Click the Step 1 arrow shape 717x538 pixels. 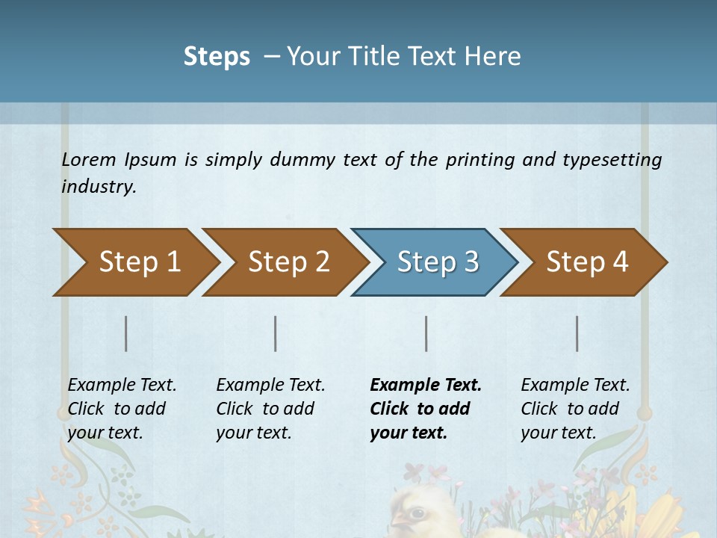139,262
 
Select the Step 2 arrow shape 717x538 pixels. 288,262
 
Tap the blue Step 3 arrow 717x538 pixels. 437,262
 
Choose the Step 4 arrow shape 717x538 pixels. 586,262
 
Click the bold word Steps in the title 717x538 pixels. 217,57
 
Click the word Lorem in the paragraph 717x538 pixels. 89,160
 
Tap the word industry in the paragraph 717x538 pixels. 99,187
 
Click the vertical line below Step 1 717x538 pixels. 126,333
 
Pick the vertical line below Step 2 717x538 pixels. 276,333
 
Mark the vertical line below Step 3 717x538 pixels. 426,333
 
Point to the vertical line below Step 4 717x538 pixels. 577,333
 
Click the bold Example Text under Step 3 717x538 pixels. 426,386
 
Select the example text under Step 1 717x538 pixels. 122,409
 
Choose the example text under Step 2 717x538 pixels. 270,409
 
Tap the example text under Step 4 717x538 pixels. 575,409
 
